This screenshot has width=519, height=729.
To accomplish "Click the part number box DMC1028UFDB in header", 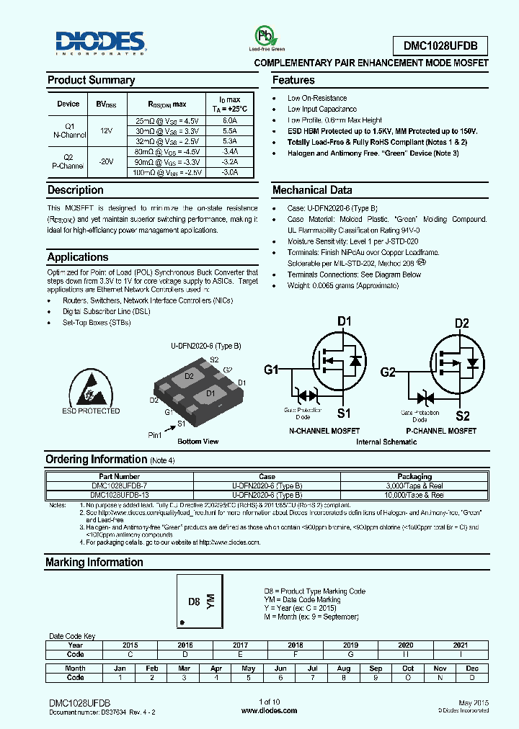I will [440, 47].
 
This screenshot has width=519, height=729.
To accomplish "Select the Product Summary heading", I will [91, 80].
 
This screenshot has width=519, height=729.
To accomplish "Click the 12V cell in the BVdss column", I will [106, 130].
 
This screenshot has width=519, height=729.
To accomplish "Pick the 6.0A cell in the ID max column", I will [229, 121].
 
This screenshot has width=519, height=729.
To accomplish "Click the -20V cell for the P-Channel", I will [106, 162].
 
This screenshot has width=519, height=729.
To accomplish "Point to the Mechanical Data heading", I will [312, 190].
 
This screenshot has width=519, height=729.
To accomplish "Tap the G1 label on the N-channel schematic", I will [271, 370].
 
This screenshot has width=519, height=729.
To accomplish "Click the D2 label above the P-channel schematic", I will [462, 322].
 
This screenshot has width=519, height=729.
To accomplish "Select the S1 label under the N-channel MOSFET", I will [344, 413].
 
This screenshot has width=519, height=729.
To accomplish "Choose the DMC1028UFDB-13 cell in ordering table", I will [118, 495].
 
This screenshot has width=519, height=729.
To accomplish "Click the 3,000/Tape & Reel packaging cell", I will [414, 486].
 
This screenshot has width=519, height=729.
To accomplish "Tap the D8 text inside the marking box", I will [193, 601].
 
